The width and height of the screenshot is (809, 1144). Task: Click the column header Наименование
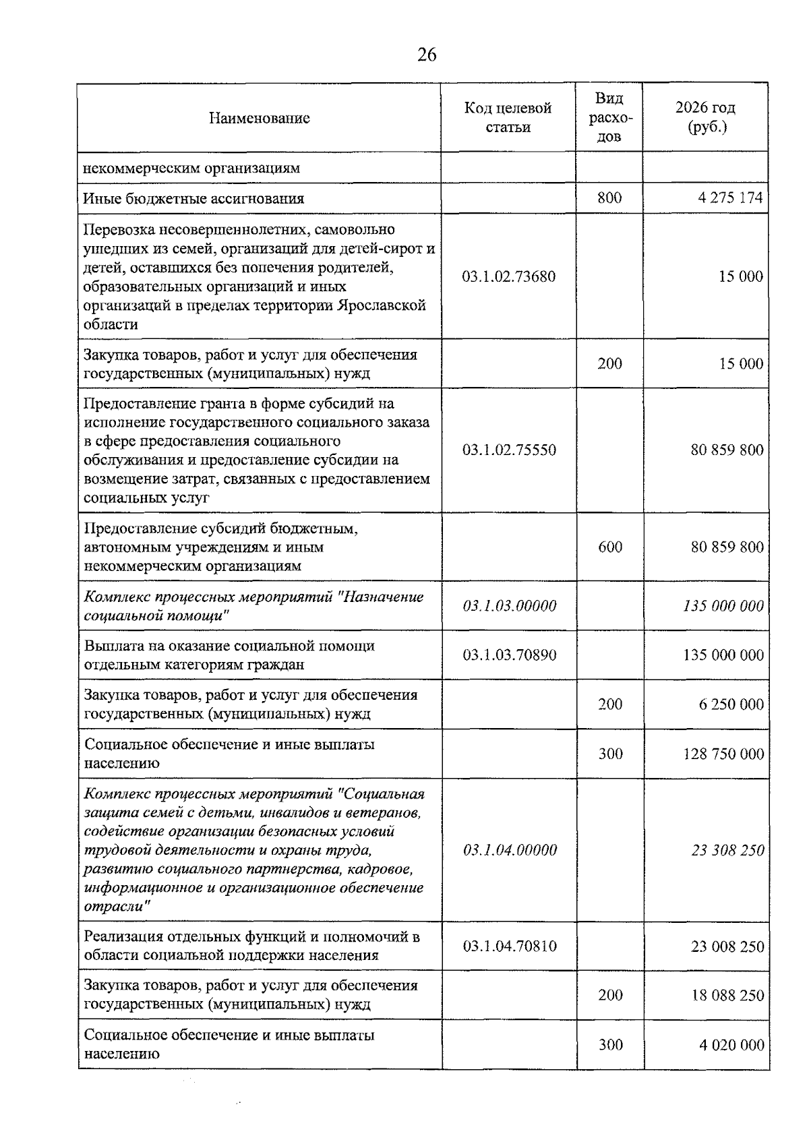(x=259, y=119)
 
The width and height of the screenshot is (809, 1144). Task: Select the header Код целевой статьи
(x=508, y=118)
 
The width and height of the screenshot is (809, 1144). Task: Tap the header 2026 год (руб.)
(x=705, y=118)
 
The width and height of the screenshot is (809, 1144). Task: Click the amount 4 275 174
(x=731, y=198)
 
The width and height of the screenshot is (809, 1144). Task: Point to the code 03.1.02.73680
(x=509, y=276)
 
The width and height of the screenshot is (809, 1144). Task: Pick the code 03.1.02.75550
(x=509, y=450)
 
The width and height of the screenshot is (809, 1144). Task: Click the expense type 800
(x=609, y=198)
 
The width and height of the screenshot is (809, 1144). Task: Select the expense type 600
(x=610, y=547)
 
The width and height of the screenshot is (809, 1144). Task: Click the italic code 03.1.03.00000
(x=510, y=606)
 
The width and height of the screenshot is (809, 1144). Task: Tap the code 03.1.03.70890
(x=510, y=655)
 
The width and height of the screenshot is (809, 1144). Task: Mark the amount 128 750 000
(x=723, y=754)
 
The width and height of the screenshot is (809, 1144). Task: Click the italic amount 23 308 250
(x=727, y=851)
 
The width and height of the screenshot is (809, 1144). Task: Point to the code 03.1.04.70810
(x=510, y=946)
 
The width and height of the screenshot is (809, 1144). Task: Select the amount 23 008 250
(x=727, y=946)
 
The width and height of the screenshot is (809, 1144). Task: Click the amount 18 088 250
(x=727, y=996)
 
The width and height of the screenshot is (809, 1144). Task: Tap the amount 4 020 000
(x=731, y=1046)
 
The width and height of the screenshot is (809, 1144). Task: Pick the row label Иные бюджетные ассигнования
(x=193, y=199)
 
